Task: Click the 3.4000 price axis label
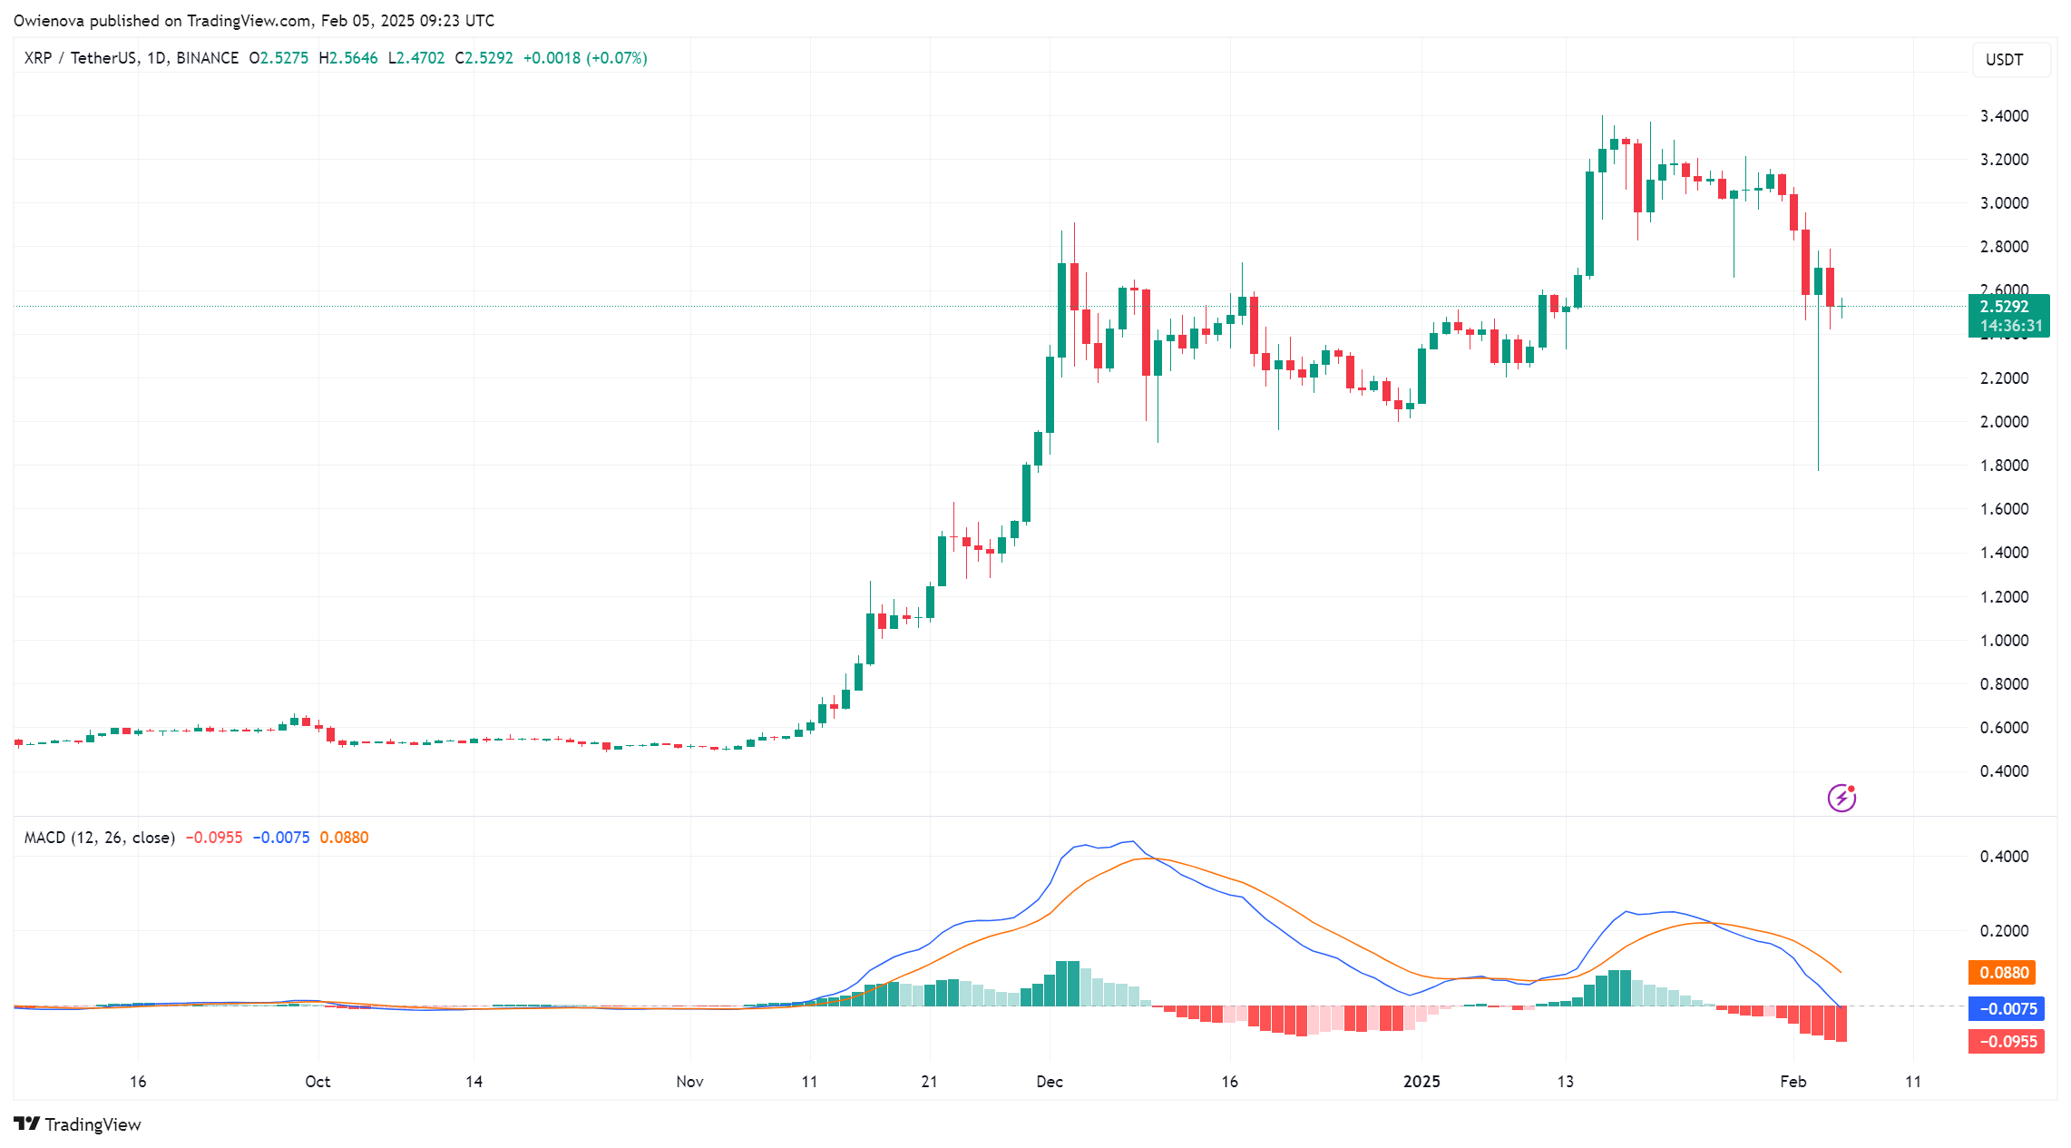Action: click(x=2004, y=116)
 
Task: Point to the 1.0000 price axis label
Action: click(x=2004, y=641)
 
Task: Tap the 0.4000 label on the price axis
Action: click(x=2004, y=771)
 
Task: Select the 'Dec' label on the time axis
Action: click(x=1050, y=1082)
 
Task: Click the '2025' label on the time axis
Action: click(x=1421, y=1082)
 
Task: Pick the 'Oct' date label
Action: click(x=317, y=1082)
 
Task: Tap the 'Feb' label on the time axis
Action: click(x=1793, y=1082)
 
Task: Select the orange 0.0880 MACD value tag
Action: click(x=2003, y=973)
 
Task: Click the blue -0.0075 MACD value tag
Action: click(x=2007, y=1009)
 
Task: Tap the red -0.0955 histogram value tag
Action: click(x=2007, y=1042)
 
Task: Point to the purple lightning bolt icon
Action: click(x=1841, y=798)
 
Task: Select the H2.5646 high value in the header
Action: click(x=348, y=58)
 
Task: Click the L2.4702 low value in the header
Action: click(x=416, y=58)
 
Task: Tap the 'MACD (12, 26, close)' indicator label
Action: click(x=99, y=838)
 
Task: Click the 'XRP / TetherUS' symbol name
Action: click(x=80, y=58)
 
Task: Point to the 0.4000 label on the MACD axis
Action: click(x=2004, y=857)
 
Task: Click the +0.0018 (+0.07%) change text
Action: click(x=585, y=58)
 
